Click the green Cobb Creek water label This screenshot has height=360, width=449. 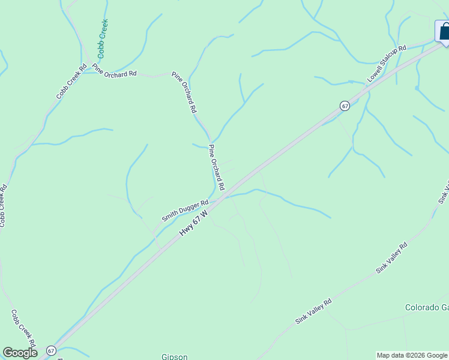(x=103, y=38)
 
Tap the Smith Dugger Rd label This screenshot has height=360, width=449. (x=184, y=211)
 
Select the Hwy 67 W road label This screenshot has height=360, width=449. (x=194, y=223)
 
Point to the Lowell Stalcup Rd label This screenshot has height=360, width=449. (x=387, y=63)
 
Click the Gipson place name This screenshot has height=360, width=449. (x=175, y=356)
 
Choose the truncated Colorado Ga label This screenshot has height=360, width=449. (x=427, y=307)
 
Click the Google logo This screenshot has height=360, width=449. (x=20, y=352)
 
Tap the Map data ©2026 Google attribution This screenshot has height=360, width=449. (x=412, y=355)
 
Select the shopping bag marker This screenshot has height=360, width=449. (x=444, y=32)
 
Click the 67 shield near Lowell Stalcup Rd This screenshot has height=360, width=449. (x=344, y=106)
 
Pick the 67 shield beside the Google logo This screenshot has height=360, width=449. (x=51, y=350)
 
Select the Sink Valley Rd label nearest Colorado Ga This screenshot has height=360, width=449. (x=392, y=259)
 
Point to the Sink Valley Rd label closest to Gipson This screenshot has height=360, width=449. (x=313, y=312)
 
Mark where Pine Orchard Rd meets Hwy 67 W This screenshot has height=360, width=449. (x=224, y=196)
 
